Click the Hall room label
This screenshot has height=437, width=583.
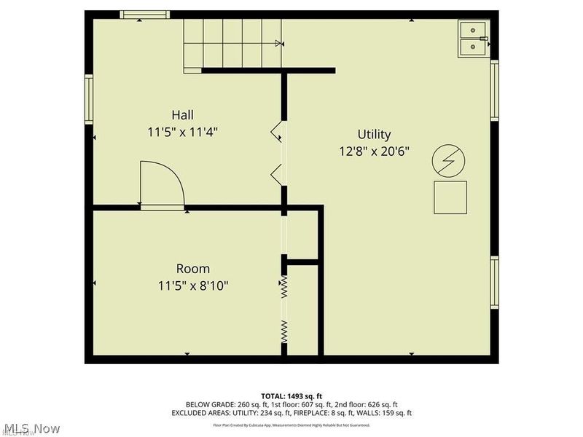click(x=182, y=114)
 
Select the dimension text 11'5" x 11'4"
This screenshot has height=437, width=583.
click(x=182, y=132)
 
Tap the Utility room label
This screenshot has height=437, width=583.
click(x=374, y=134)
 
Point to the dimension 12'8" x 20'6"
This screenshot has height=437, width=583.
click(x=374, y=151)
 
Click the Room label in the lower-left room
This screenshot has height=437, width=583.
click(x=192, y=268)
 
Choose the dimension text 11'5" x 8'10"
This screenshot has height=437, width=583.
click(x=192, y=286)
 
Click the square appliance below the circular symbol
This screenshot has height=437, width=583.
click(x=450, y=197)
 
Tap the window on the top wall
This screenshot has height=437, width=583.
click(x=145, y=15)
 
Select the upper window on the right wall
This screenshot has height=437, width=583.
click(x=494, y=90)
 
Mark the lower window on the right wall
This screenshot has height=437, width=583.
click(x=494, y=283)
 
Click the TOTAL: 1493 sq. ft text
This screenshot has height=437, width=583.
click(x=291, y=396)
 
